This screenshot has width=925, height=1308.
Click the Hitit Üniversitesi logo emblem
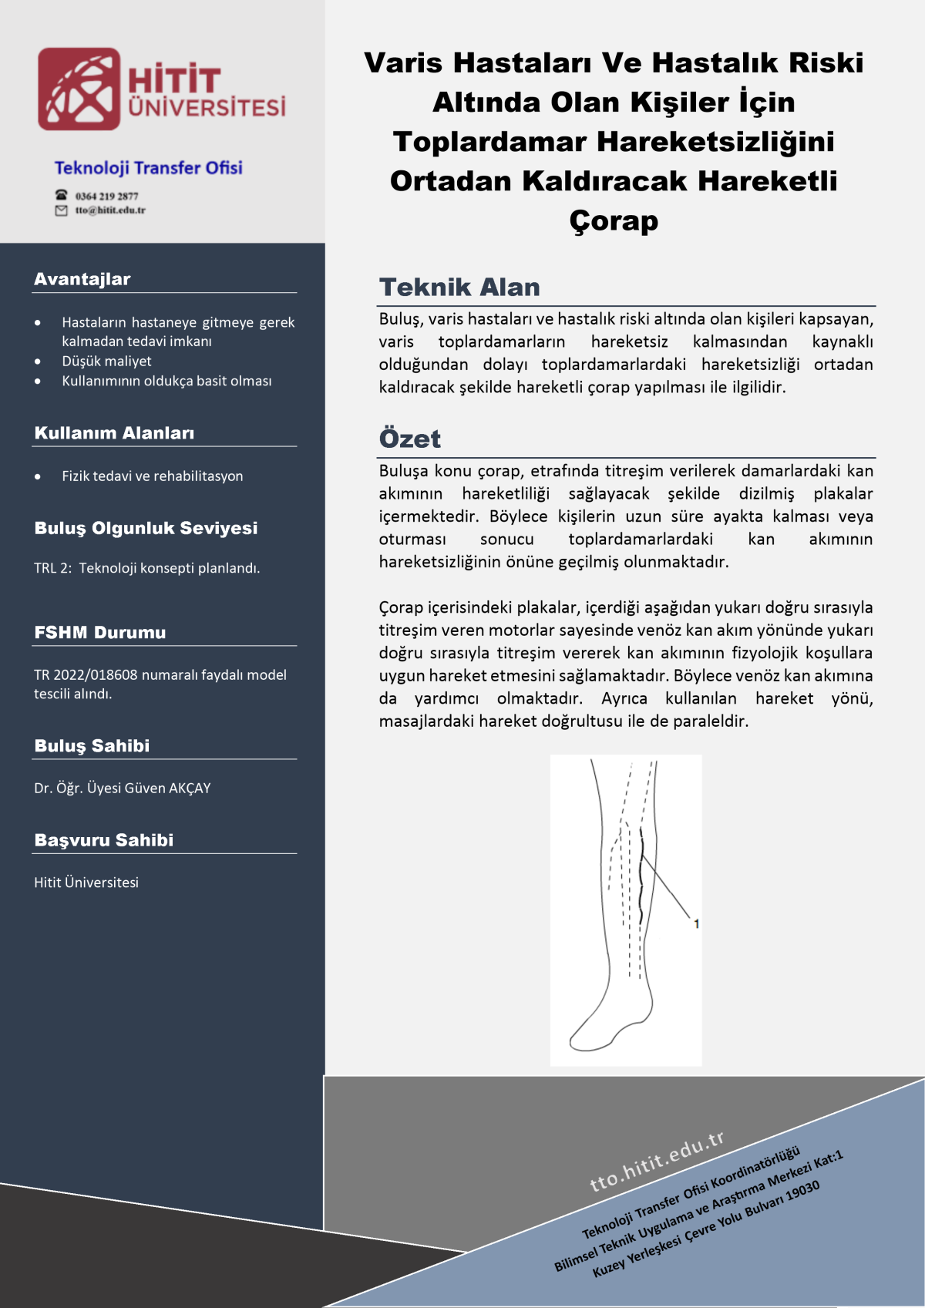(79, 89)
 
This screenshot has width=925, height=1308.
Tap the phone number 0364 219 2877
(106, 196)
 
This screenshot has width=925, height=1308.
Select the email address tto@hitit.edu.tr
(109, 210)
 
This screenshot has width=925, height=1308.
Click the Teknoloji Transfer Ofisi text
(148, 168)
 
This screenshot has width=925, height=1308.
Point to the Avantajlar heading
(82, 279)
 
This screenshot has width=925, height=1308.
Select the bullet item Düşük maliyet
(106, 361)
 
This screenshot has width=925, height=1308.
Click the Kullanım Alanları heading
(114, 433)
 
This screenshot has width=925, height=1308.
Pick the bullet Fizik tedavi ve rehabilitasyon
(152, 476)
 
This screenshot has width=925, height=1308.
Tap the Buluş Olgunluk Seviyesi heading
(146, 528)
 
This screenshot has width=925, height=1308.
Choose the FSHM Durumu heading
(100, 633)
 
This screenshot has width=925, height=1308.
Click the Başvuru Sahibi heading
(104, 840)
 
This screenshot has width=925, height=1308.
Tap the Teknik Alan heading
(459, 287)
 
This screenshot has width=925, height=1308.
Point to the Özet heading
(410, 439)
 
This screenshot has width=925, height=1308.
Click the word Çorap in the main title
(614, 221)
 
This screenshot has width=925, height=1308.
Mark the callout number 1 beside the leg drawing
(696, 923)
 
